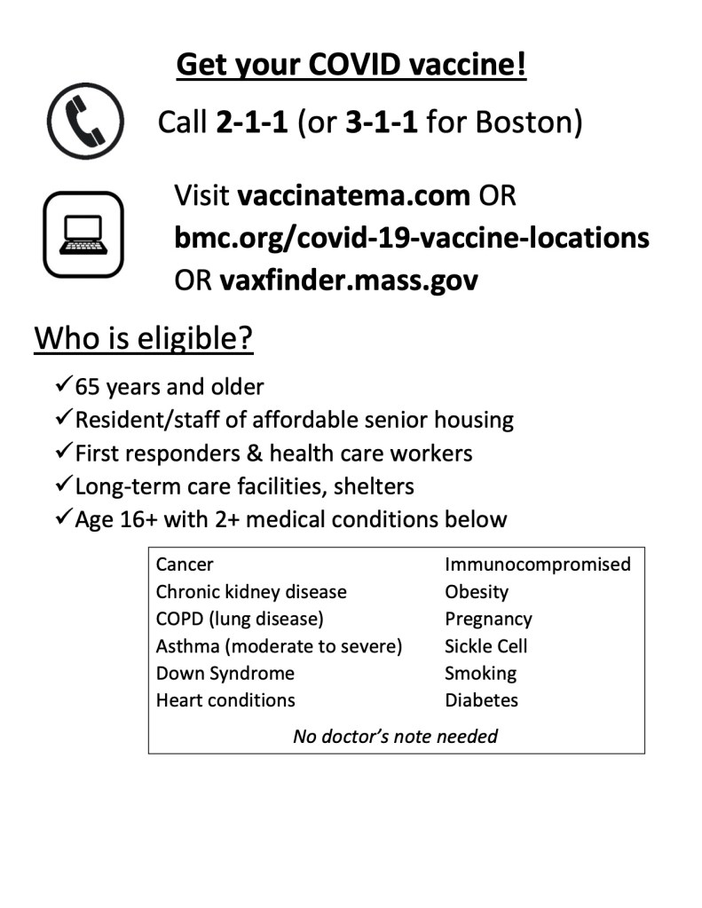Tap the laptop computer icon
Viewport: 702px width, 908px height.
(x=83, y=234)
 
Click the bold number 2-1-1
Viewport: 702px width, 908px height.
(x=252, y=122)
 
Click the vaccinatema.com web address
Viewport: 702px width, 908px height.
(x=353, y=194)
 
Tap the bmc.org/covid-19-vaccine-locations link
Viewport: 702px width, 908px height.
(x=412, y=238)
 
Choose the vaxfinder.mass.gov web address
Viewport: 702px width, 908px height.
(x=349, y=280)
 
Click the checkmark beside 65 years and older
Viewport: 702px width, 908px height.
(x=63, y=385)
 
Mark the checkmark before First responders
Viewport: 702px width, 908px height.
(x=63, y=451)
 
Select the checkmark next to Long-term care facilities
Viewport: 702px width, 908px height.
(x=63, y=485)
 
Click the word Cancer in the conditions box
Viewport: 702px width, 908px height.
(x=185, y=565)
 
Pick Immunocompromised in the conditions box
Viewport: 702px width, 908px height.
(x=538, y=565)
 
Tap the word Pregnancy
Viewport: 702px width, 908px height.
(x=488, y=619)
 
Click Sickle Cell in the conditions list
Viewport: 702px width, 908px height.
(x=486, y=646)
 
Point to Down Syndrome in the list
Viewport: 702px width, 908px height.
(x=225, y=673)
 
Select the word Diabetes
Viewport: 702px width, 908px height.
(x=481, y=700)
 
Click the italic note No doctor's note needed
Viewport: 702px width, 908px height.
(x=395, y=736)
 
